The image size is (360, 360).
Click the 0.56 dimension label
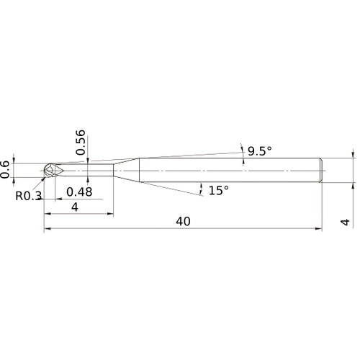point(80,143)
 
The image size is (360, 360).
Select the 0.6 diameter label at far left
point(6,168)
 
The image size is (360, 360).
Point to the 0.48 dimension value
point(79,192)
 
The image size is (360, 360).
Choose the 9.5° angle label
point(260,151)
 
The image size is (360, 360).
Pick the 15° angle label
point(218,190)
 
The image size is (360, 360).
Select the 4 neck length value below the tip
point(75,207)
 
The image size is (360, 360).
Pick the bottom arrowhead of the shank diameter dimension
point(354,185)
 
